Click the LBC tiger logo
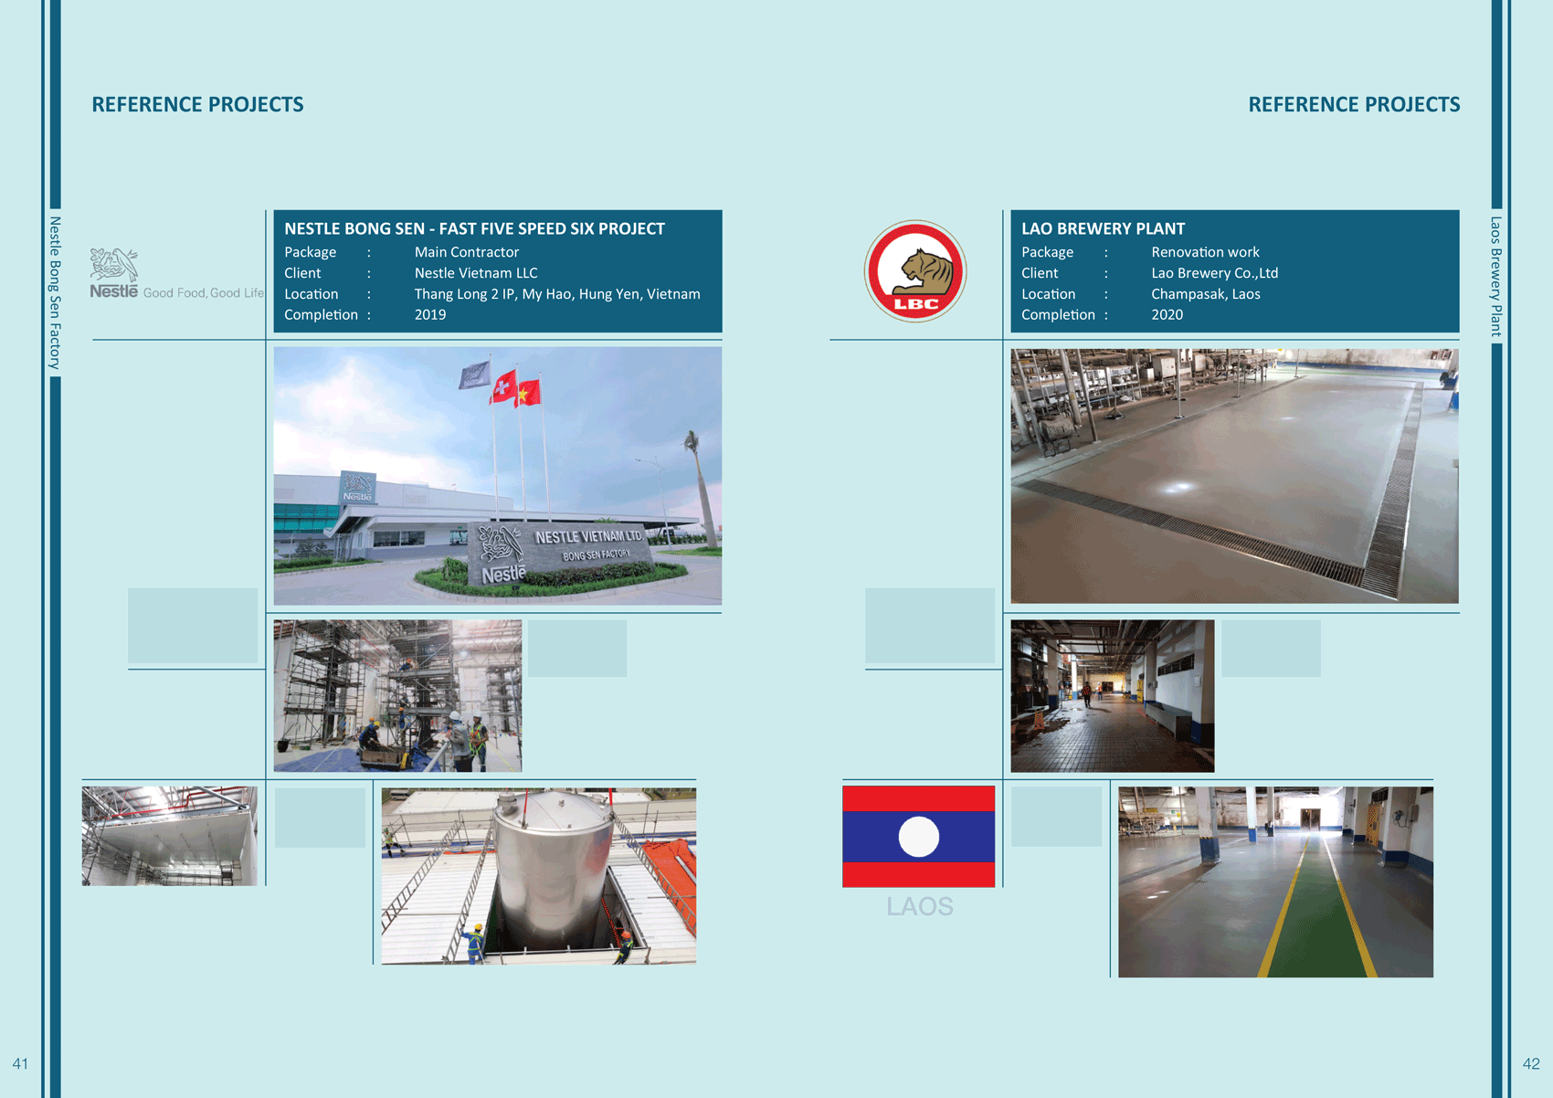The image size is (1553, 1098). [915, 271]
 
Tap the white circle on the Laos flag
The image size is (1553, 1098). [919, 837]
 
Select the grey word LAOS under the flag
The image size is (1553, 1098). [919, 907]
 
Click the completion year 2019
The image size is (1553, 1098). [430, 315]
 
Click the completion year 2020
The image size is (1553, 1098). [1167, 315]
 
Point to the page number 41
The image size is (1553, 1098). [20, 1063]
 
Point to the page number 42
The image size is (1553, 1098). [1531, 1063]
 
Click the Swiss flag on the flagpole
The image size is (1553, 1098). [504, 386]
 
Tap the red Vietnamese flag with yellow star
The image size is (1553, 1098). [528, 393]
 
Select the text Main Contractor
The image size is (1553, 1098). [467, 252]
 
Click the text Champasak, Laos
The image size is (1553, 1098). [1206, 294]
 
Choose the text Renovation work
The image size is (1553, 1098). [1205, 252]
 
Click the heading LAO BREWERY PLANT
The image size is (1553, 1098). [1103, 228]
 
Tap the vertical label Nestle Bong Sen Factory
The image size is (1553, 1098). [55, 292]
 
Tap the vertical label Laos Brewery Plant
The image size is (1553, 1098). [1496, 277]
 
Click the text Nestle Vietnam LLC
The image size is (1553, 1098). [476, 273]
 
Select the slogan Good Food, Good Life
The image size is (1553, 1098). [203, 293]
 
